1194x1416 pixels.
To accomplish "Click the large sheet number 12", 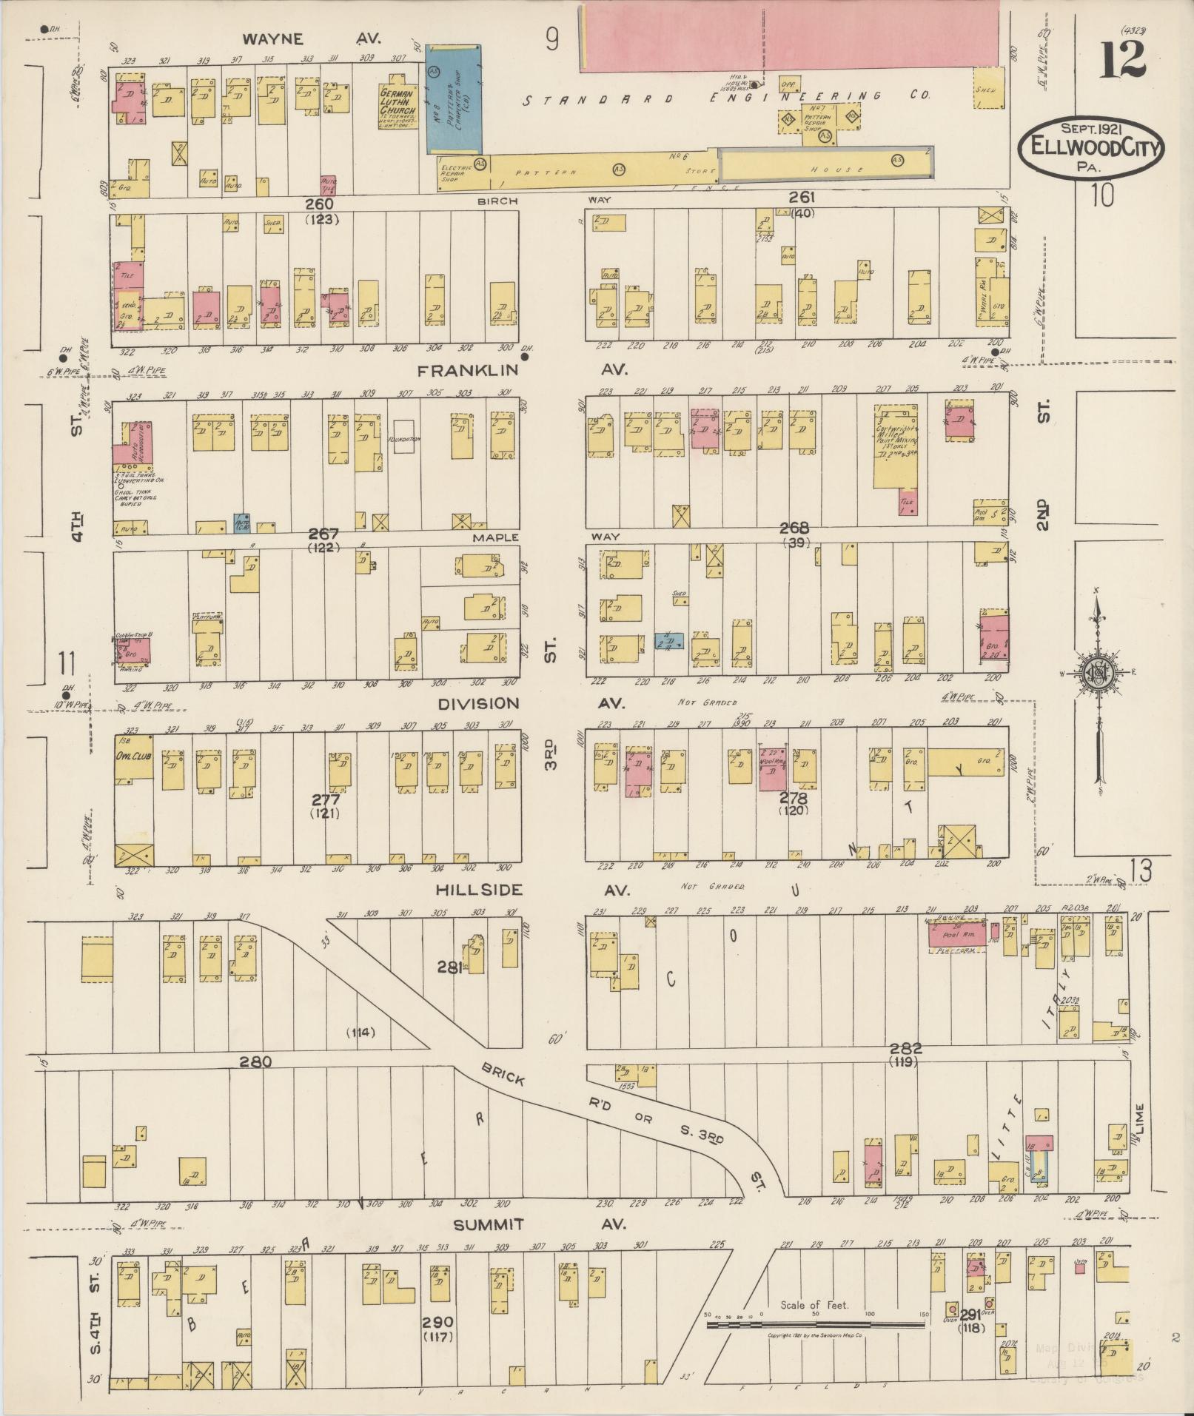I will [1123, 60].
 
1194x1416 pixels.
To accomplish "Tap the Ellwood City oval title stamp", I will [1090, 147].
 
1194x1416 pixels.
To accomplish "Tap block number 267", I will [323, 534].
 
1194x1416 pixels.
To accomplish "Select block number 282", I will [905, 1049].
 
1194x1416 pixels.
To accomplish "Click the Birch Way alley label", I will [497, 201].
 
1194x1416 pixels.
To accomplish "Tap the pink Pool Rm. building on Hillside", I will [957, 933].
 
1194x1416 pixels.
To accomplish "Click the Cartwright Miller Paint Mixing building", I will [896, 446].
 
